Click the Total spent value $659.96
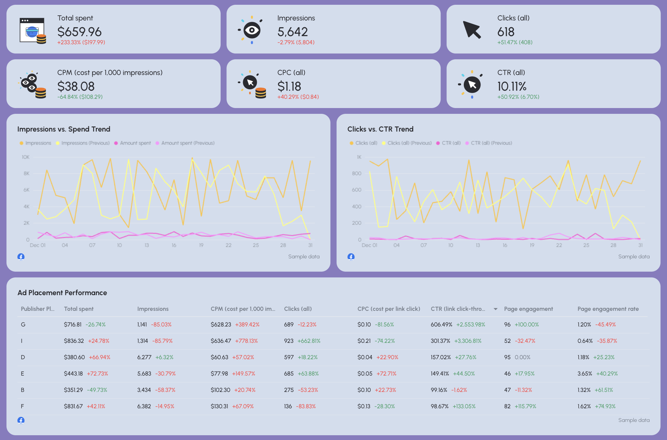79,32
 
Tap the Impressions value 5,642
292,32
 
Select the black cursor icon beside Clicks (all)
472,30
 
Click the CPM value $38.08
76,86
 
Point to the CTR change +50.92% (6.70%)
518,97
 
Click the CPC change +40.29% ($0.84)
298,97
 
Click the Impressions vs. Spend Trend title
64,129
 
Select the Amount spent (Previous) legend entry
188,143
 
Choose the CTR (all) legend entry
451,143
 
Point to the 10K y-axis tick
26,157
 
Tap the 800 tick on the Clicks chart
356,173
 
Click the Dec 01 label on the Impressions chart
38,245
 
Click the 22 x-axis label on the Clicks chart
559,245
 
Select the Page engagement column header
528,309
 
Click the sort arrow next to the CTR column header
495,309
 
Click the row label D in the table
23,357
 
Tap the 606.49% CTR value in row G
441,324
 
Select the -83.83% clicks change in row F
306,406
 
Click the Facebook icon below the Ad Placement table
21,420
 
